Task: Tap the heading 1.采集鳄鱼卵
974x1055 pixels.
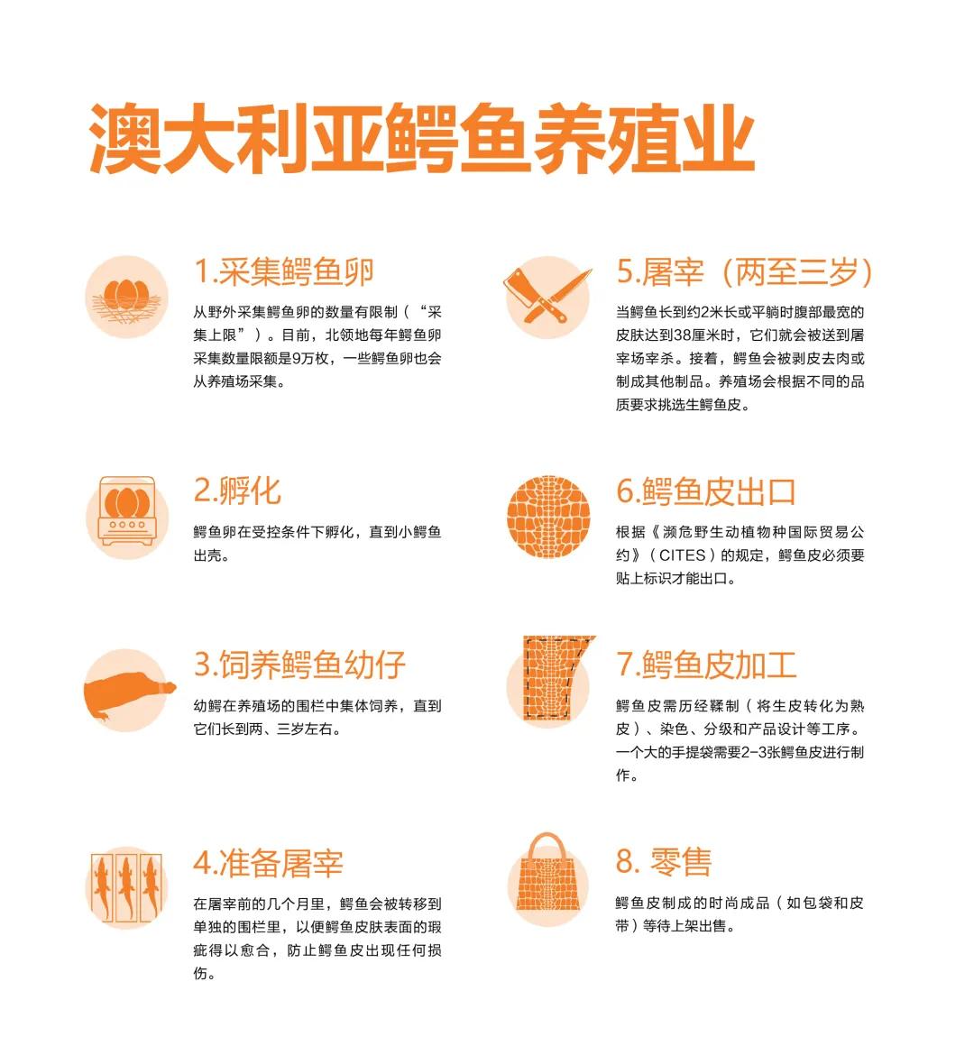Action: pos(284,271)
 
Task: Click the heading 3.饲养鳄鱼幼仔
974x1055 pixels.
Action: pos(299,665)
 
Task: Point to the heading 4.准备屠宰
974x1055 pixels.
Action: pos(268,863)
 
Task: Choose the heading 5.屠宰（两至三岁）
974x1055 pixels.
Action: pos(745,271)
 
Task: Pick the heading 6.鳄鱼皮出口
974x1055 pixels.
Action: pos(706,491)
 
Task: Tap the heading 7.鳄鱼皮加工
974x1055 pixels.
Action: pos(706,665)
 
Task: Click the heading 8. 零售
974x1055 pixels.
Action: pos(664,861)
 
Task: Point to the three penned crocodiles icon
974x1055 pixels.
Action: pos(126,885)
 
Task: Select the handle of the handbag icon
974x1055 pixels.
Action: pos(547,846)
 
